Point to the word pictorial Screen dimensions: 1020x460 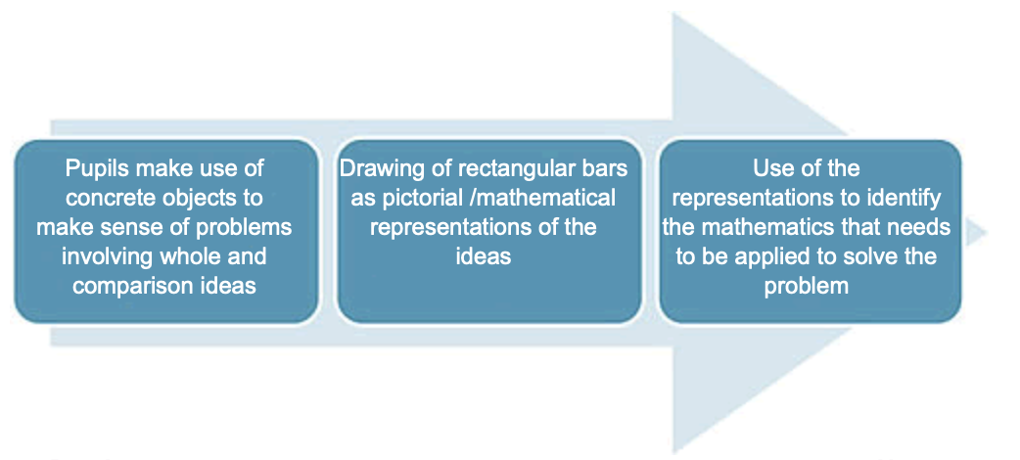tap(415, 198)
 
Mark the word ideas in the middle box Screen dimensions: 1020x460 tap(484, 257)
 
